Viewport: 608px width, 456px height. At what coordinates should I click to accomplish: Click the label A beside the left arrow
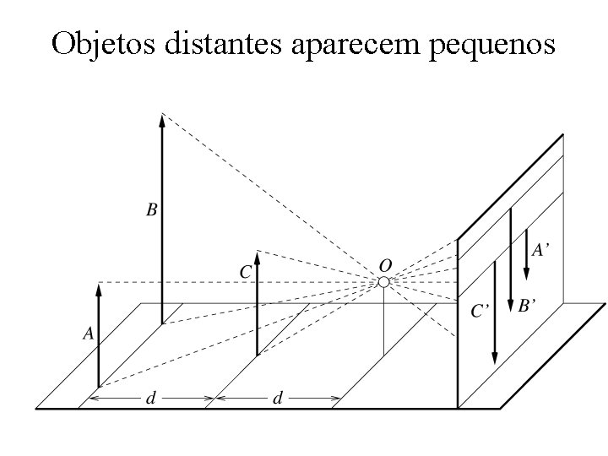click(89, 334)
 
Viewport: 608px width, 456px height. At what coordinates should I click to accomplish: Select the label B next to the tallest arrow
click(152, 209)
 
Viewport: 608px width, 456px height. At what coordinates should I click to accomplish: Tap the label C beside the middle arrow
click(246, 271)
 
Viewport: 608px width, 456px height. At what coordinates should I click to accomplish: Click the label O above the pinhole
click(384, 263)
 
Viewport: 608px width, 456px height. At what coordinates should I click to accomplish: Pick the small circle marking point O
click(383, 281)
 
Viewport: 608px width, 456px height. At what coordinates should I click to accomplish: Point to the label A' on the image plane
click(542, 249)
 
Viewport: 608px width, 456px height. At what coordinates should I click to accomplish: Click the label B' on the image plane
click(527, 305)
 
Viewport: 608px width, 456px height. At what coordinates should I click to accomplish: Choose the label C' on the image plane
click(480, 311)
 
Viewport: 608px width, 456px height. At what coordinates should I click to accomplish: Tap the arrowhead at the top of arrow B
click(162, 119)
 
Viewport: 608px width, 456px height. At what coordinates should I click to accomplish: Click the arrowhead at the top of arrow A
click(99, 290)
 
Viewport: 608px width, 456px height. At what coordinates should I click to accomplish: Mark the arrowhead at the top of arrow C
click(257, 257)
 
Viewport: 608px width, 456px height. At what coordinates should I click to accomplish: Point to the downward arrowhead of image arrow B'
click(511, 306)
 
